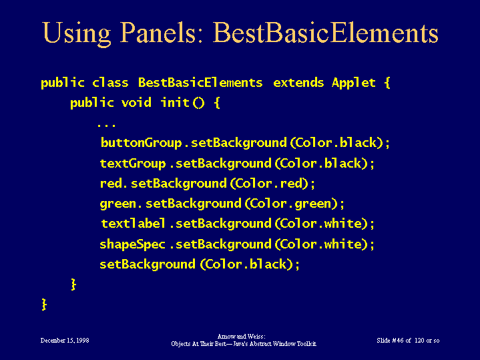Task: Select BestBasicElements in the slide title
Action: pyautogui.click(x=325, y=33)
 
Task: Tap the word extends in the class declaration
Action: pyautogui.click(x=298, y=83)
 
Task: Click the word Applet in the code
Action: pyautogui.click(x=354, y=83)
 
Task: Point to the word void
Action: pyautogui.click(x=136, y=102)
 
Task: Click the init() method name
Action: pyautogui.click(x=182, y=103)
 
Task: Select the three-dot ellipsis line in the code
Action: pyautogui.click(x=107, y=126)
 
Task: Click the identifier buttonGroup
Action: pyautogui.click(x=141, y=144)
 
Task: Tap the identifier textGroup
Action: pyautogui.click(x=133, y=164)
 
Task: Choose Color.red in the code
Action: pyautogui.click(x=268, y=184)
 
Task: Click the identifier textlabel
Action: pyautogui.click(x=133, y=224)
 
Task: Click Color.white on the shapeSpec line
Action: pyautogui.click(x=321, y=244)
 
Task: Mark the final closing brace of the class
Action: pyautogui.click(x=44, y=305)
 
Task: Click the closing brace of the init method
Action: pyautogui.click(x=73, y=285)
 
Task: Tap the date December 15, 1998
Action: pyautogui.click(x=65, y=341)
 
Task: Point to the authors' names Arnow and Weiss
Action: pyautogui.click(x=241, y=337)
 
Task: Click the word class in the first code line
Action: pyautogui.click(x=110, y=83)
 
